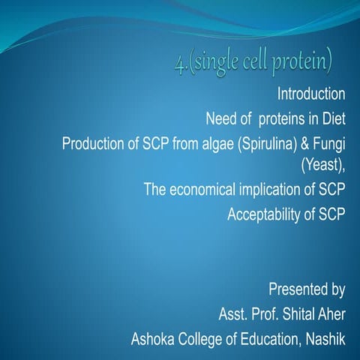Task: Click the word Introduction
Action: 311,94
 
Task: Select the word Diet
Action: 331,118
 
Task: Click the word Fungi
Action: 331,142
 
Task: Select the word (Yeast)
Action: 322,165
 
